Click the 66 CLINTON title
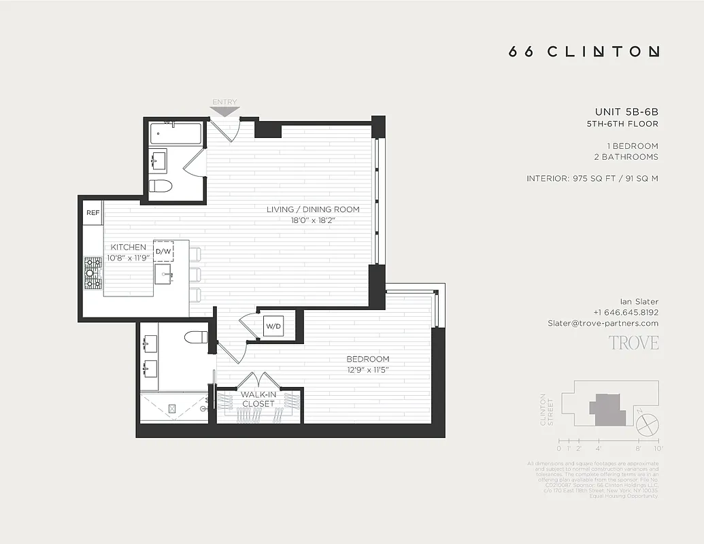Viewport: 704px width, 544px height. tap(584, 52)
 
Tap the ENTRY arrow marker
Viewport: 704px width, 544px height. tap(225, 108)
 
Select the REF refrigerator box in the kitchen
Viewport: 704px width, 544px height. tap(93, 213)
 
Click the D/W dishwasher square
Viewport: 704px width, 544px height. tap(163, 251)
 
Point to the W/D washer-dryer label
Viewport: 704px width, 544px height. tap(273, 326)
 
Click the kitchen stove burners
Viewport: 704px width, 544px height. tap(93, 273)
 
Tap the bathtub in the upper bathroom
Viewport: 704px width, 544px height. tap(175, 134)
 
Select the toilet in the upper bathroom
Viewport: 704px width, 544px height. tap(161, 186)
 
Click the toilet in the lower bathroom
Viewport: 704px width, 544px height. tap(197, 337)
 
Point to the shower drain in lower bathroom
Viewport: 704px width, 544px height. tap(172, 408)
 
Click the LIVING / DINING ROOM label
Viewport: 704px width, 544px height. tap(313, 209)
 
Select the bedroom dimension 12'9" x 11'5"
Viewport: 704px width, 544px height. tap(367, 370)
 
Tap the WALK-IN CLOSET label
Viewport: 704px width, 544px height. tap(258, 398)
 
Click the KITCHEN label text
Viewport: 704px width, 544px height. tap(128, 248)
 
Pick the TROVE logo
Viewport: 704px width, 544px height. tap(633, 343)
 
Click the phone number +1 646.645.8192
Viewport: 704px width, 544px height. tap(625, 312)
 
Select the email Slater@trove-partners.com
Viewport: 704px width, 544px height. tap(603, 323)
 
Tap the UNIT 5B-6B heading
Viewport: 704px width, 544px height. tap(626, 112)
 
